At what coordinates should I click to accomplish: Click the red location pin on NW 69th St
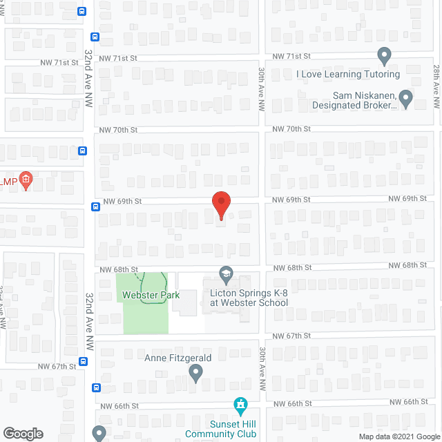[x=220, y=205]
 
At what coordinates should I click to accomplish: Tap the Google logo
[x=22, y=433]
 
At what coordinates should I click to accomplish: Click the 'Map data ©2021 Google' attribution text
[x=399, y=436]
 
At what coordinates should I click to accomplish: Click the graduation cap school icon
[x=226, y=275]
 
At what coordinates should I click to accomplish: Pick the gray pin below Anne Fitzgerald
[x=195, y=374]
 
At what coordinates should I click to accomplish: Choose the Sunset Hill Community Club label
[x=221, y=430]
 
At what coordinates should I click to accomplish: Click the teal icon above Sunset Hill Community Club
[x=240, y=404]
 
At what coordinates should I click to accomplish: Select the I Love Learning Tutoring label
[x=348, y=74]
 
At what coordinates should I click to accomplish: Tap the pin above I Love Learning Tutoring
[x=385, y=55]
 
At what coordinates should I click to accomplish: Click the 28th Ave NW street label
[x=436, y=86]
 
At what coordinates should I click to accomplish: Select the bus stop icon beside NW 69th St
[x=95, y=206]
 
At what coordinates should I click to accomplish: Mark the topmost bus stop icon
[x=82, y=11]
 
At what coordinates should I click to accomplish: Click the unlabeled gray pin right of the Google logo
[x=99, y=434]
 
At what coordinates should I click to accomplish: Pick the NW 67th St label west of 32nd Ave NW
[x=57, y=367]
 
